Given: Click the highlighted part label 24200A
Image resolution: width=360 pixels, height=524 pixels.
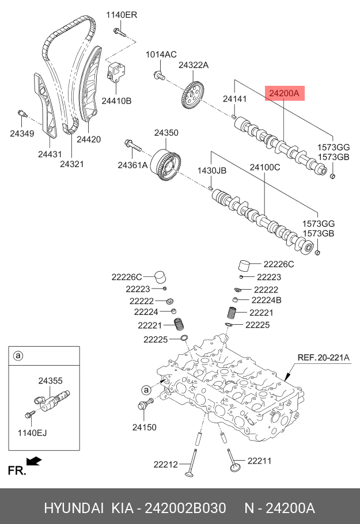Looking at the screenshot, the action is point(284,93).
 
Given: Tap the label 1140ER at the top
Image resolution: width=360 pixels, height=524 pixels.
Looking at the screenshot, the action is point(122,15).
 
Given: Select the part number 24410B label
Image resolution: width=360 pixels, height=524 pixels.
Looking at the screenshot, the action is point(116,101).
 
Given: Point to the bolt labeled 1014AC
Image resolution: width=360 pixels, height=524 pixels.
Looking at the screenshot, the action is point(159,75).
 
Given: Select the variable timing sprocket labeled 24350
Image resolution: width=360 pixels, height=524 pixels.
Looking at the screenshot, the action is point(165,165).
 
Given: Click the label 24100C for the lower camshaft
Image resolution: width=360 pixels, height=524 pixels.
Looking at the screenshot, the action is point(265,167).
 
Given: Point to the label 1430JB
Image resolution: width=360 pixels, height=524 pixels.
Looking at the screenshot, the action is point(212,171).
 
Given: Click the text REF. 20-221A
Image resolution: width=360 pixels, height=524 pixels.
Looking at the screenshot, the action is point(323,357).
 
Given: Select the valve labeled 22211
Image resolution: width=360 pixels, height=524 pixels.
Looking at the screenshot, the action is point(234,461).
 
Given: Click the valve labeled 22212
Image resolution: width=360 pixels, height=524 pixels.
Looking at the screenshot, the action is point(191,464).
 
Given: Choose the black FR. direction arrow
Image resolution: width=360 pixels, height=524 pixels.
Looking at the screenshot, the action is point(34,461).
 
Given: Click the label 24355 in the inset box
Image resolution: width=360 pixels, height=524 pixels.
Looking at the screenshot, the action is point(51,381).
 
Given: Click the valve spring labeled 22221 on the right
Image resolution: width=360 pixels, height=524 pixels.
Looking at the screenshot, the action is point(232,313).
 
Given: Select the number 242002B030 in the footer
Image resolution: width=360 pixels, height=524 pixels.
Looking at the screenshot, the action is point(185,508).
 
